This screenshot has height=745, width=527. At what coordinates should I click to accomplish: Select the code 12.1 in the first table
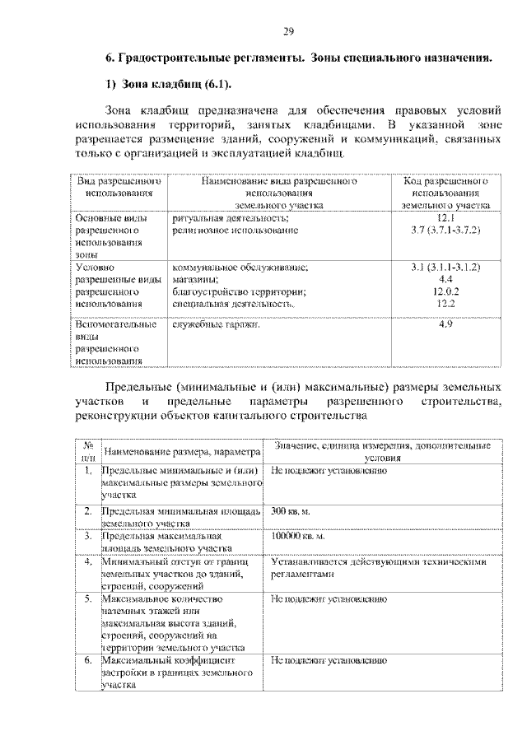pyautogui.click(x=445, y=217)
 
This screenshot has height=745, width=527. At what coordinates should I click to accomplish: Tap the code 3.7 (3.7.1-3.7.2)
pyautogui.click(x=445, y=230)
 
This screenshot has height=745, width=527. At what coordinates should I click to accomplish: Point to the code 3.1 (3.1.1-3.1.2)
pyautogui.click(x=445, y=267)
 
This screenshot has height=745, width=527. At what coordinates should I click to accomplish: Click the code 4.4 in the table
pyautogui.click(x=445, y=279)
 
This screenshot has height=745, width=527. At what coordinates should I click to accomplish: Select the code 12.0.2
pyautogui.click(x=445, y=291)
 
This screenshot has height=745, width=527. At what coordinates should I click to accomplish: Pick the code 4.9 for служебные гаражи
pyautogui.click(x=445, y=324)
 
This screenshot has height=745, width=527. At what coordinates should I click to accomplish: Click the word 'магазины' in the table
pyautogui.click(x=196, y=279)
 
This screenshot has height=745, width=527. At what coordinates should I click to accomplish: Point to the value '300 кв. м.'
pyautogui.click(x=290, y=511)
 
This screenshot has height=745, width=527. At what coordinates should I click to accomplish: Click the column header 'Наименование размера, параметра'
pyautogui.click(x=182, y=452)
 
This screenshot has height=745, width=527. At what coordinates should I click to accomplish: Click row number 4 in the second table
pyautogui.click(x=88, y=562)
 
